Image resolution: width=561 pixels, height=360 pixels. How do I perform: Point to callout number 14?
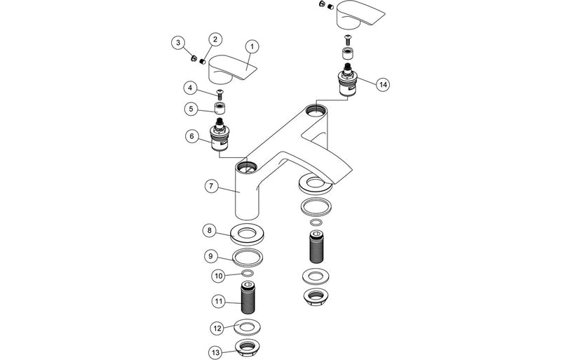pos(381,84)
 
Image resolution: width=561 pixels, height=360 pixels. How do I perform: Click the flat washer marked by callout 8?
pos(246,234)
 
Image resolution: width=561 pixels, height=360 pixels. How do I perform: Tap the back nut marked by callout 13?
pos(247,347)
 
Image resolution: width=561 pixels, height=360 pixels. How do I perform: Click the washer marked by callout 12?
pos(246,328)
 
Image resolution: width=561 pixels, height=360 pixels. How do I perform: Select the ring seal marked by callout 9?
pos(246,256)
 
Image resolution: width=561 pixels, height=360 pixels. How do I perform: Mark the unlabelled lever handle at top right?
pos(360,15)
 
